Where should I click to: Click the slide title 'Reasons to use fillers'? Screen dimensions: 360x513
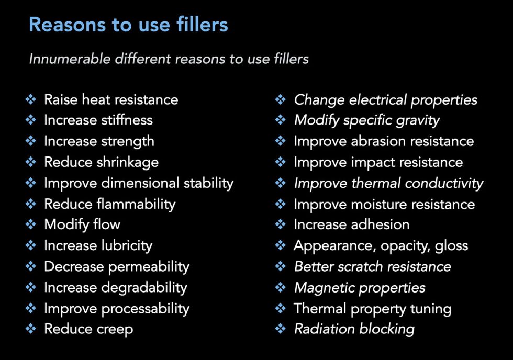(128, 25)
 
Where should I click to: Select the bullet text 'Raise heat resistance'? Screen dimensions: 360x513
(111, 99)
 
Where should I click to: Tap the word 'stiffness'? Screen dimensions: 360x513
(128, 120)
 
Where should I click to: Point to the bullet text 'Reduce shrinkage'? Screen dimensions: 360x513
(101, 162)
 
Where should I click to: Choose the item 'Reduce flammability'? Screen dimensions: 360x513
(109, 204)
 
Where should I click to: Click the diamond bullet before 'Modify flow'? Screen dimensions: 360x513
(31, 224)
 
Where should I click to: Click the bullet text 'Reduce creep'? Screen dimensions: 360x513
(88, 329)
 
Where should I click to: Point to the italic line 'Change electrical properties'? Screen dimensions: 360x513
(385, 99)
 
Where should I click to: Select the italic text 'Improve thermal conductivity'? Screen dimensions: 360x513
(388, 183)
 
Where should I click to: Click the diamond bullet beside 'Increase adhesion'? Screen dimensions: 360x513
(281, 224)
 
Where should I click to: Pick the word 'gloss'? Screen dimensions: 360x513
(451, 245)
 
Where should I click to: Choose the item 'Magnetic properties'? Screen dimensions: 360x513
(360, 287)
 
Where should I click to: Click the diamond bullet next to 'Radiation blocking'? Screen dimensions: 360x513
(281, 329)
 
